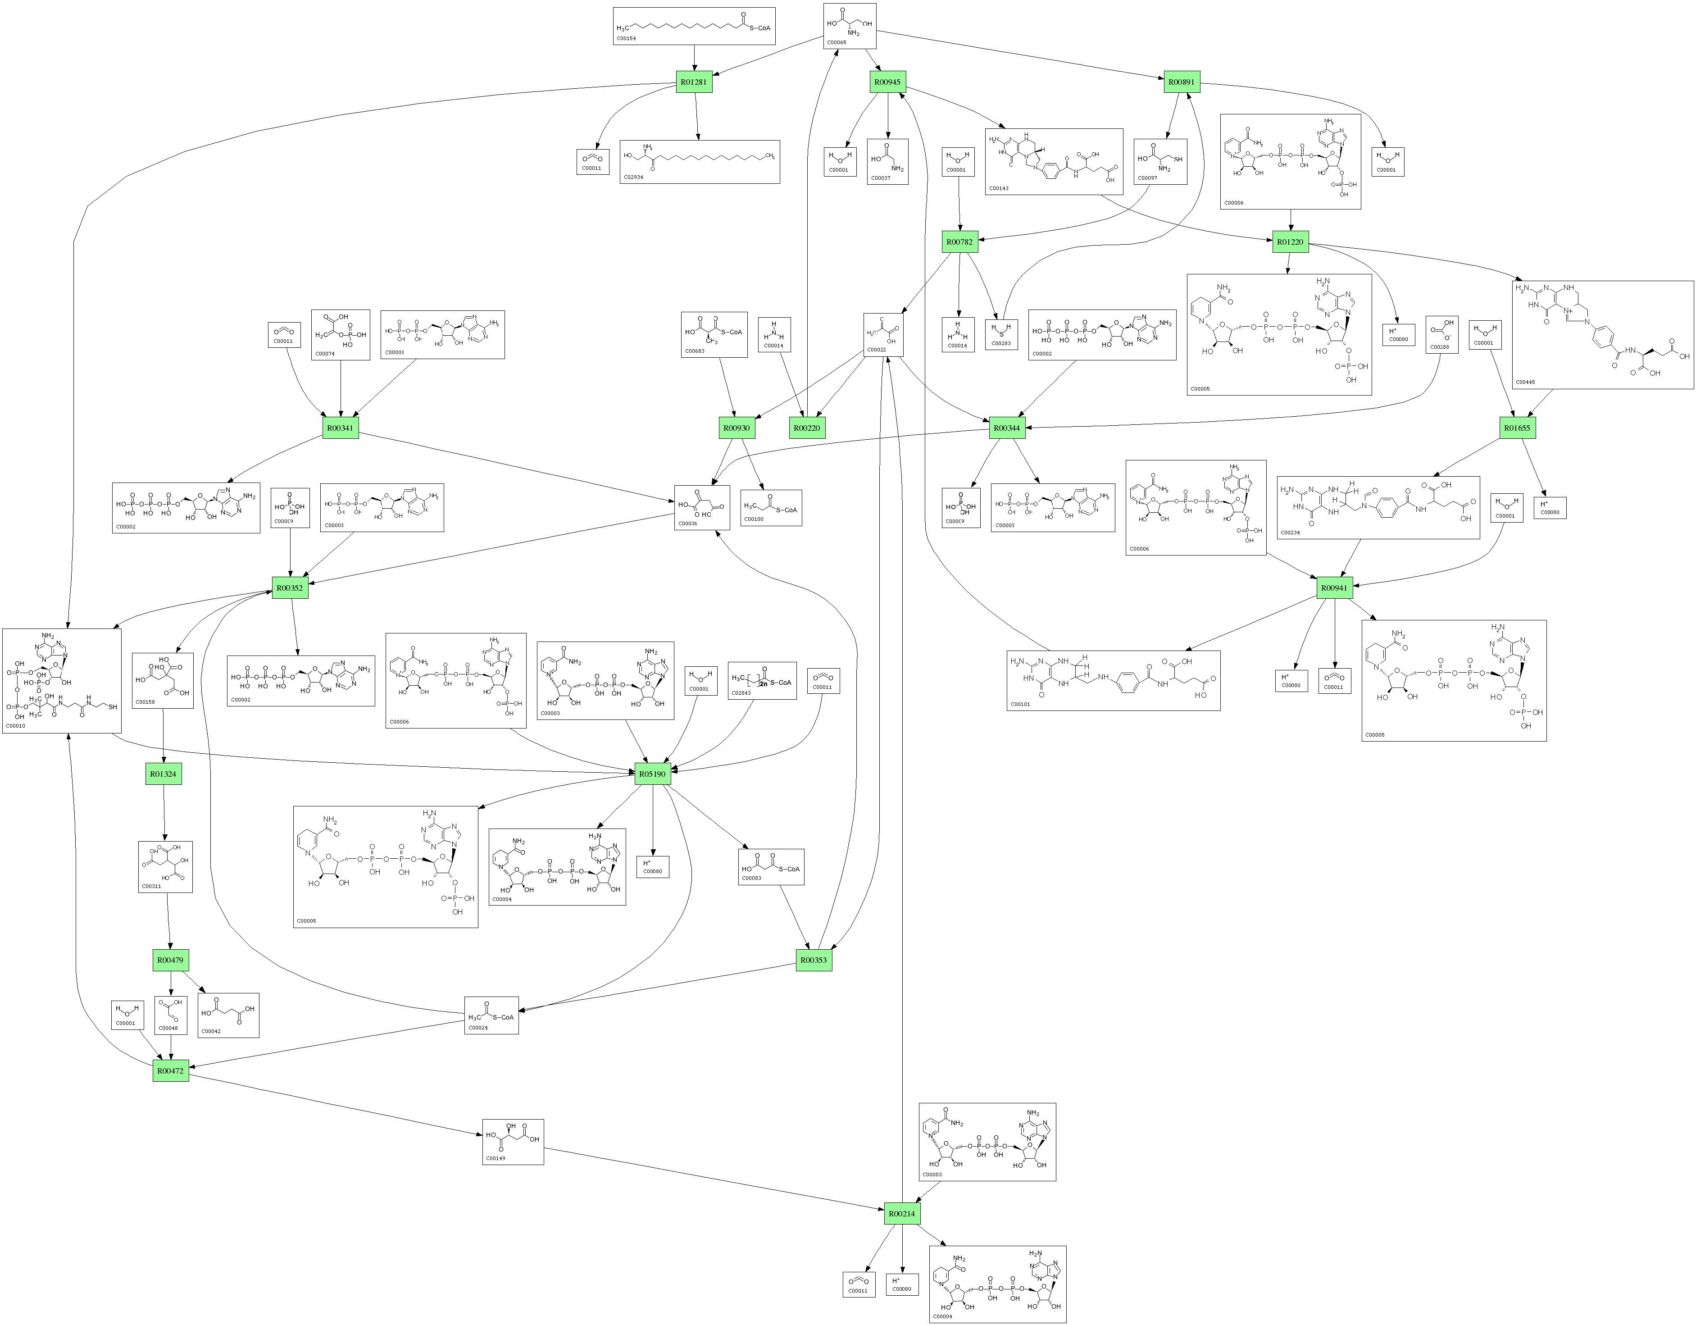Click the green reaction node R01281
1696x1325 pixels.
tap(693, 82)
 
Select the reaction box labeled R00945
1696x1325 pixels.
tap(887, 82)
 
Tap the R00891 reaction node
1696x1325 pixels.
tap(1181, 82)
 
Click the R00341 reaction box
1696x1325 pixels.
tap(340, 428)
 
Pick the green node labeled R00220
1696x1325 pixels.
tap(807, 428)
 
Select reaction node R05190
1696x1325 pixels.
tap(652, 774)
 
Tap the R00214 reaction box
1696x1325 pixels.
tap(901, 1213)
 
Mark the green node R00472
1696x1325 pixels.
tap(170, 1071)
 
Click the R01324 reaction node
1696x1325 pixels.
tap(163, 774)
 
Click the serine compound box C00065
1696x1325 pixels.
tap(850, 26)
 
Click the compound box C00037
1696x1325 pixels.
tap(887, 162)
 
